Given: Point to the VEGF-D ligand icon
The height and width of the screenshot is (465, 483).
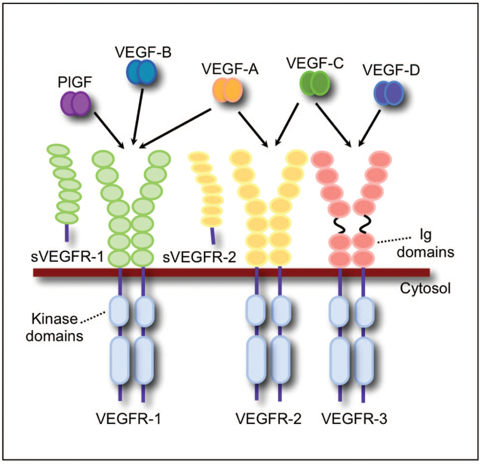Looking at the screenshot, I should pos(389,92).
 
